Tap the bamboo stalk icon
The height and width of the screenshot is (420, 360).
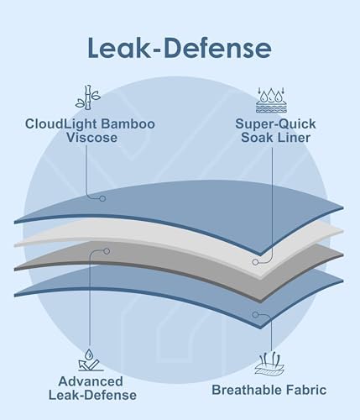pos(88,97)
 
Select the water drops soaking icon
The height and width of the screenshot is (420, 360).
pos(271,100)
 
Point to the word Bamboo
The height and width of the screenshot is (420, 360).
pos(128,123)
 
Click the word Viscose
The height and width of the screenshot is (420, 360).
pos(91,138)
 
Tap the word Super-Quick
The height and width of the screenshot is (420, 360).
pos(275,123)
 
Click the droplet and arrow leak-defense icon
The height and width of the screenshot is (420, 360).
pos(90,360)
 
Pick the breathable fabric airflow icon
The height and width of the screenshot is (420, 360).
pos(270,364)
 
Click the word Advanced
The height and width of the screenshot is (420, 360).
pos(91,381)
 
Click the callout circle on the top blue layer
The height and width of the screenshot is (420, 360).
pos(102,198)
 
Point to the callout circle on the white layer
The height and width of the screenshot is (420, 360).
pos(255,262)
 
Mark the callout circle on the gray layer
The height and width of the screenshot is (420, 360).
pos(107,251)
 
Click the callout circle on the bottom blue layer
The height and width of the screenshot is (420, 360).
pos(255,314)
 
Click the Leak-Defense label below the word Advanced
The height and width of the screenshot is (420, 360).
pos(92,395)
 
